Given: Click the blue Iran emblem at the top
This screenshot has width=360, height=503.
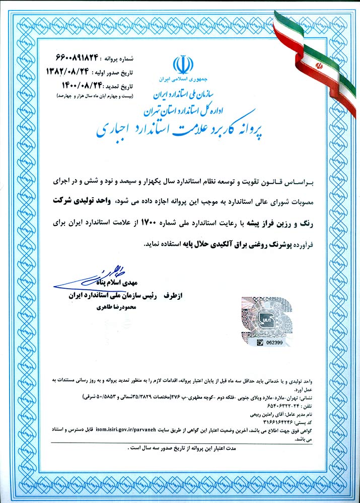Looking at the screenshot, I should [183, 66].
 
